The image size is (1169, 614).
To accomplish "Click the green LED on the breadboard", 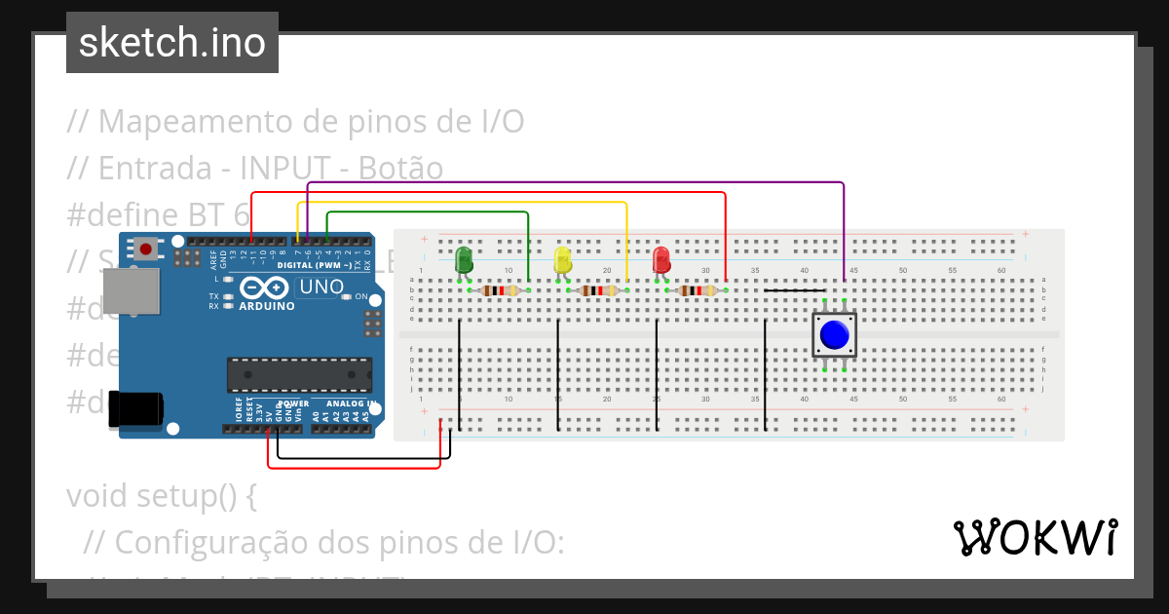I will click(465, 260).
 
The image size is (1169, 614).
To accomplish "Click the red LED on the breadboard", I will click(661, 260).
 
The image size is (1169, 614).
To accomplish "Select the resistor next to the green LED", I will click(499, 290).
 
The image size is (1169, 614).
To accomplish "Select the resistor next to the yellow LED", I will click(597, 290).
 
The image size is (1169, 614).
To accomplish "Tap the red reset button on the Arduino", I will click(145, 249).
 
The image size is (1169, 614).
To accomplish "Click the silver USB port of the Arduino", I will click(131, 291).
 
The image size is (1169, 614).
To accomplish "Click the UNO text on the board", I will click(321, 288).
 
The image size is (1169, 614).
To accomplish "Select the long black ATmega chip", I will click(299, 375).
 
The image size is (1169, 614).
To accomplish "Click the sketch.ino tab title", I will click(172, 43).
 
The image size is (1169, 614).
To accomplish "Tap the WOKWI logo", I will click(1035, 538).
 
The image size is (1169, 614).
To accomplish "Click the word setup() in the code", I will click(199, 495).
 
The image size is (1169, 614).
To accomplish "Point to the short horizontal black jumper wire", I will click(795, 290).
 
